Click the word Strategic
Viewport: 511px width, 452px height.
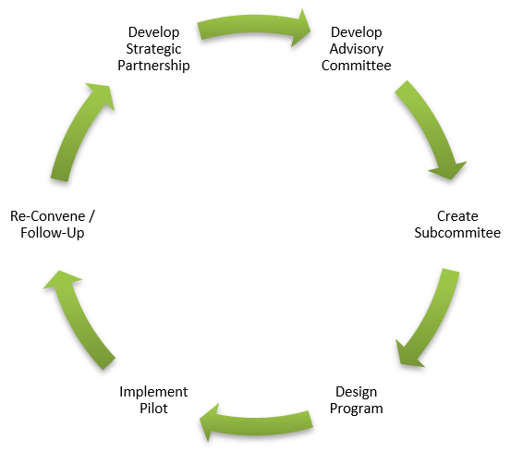[153, 49]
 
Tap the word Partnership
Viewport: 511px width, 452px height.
[153, 66]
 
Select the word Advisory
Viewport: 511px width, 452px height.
[356, 49]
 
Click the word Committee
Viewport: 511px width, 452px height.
[356, 66]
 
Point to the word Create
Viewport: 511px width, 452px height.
[457, 216]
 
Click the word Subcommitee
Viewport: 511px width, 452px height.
[457, 233]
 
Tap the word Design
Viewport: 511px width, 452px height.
[356, 392]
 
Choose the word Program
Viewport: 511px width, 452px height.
[356, 409]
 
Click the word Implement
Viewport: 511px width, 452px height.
[153, 392]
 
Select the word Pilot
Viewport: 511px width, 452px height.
[153, 408]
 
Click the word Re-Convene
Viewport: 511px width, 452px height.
[47, 216]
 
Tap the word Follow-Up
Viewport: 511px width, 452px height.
[52, 233]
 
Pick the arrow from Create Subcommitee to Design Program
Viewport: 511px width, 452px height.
[432, 321]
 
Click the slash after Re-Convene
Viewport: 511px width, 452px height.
[91, 216]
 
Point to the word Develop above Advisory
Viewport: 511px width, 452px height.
[356, 32]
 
